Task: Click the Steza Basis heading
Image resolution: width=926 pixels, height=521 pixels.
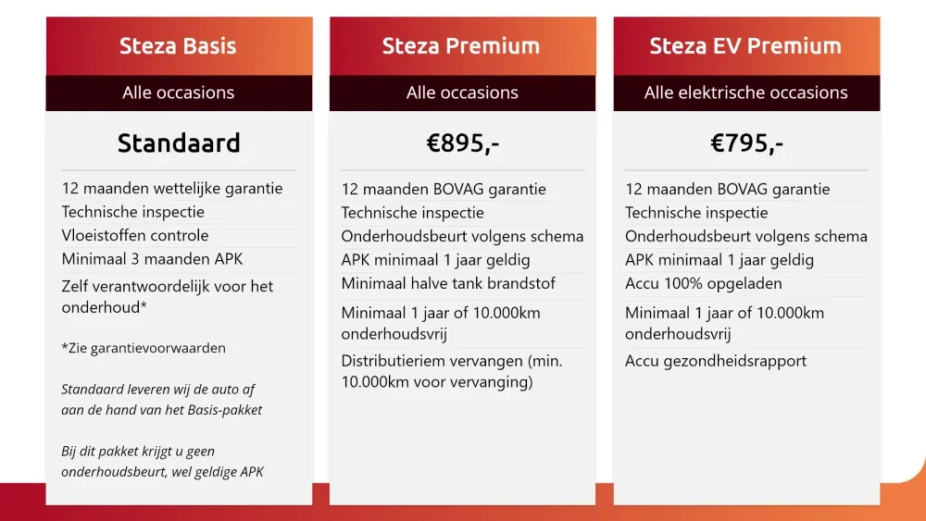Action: [x=178, y=45]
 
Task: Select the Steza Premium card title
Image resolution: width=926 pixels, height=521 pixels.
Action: [x=461, y=45]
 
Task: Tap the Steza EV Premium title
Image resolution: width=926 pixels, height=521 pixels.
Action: [x=745, y=45]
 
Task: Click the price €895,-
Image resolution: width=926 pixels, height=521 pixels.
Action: [x=462, y=143]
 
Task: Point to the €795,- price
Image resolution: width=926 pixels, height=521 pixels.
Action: [x=746, y=143]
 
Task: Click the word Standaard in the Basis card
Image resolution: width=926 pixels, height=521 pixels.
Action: [x=179, y=143]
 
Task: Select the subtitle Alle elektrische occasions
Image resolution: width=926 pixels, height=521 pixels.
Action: [x=745, y=93]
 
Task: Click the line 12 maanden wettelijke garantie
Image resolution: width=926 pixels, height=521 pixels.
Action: [x=172, y=189]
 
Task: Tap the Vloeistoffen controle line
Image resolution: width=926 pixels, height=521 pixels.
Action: [x=135, y=235]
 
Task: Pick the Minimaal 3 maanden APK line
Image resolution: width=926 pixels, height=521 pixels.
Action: [x=153, y=258]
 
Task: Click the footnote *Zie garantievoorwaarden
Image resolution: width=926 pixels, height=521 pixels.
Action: [x=144, y=348]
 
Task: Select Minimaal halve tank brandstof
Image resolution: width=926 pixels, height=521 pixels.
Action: [x=448, y=283]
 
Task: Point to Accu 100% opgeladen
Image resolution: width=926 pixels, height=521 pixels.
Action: [x=704, y=283]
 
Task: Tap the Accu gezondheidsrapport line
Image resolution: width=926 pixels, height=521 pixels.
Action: [x=716, y=361]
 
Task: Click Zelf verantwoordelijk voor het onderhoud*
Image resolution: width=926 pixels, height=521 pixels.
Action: [x=168, y=296]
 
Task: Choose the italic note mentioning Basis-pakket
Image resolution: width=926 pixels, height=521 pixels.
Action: [x=162, y=399]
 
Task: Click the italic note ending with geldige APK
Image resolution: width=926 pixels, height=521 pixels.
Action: [x=162, y=462]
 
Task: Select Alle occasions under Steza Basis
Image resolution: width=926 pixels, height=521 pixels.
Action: [x=178, y=93]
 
